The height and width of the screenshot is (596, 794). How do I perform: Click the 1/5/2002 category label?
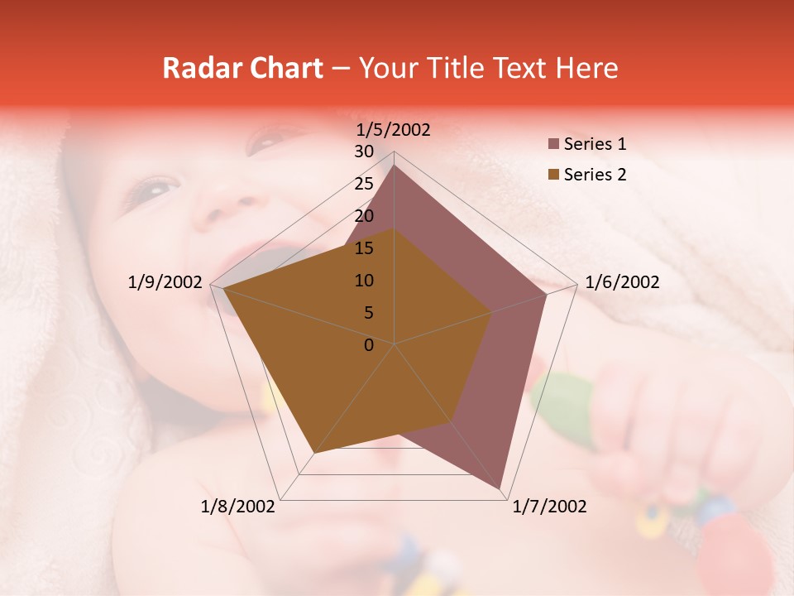[x=394, y=130]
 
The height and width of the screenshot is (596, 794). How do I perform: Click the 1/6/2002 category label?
[x=622, y=282]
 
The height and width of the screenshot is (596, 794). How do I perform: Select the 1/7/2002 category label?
[x=549, y=507]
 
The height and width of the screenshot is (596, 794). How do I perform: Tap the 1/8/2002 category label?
[x=238, y=507]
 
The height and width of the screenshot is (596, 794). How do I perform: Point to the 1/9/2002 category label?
[x=165, y=282]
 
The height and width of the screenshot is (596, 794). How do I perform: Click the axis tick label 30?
[x=364, y=151]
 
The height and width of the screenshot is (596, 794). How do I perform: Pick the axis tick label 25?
[x=364, y=184]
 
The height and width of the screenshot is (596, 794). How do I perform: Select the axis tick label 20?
[x=364, y=216]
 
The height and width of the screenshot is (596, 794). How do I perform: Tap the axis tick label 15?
[x=364, y=248]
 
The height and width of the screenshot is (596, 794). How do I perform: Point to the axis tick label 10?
[x=364, y=281]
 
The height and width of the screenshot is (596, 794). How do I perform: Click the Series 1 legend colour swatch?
[x=553, y=145]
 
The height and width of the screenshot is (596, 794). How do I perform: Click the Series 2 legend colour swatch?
[x=553, y=175]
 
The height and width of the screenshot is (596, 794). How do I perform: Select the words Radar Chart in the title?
[x=242, y=69]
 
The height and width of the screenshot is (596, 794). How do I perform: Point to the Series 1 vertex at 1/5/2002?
[x=394, y=166]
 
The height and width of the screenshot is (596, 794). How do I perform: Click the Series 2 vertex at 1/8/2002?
[x=313, y=454]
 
